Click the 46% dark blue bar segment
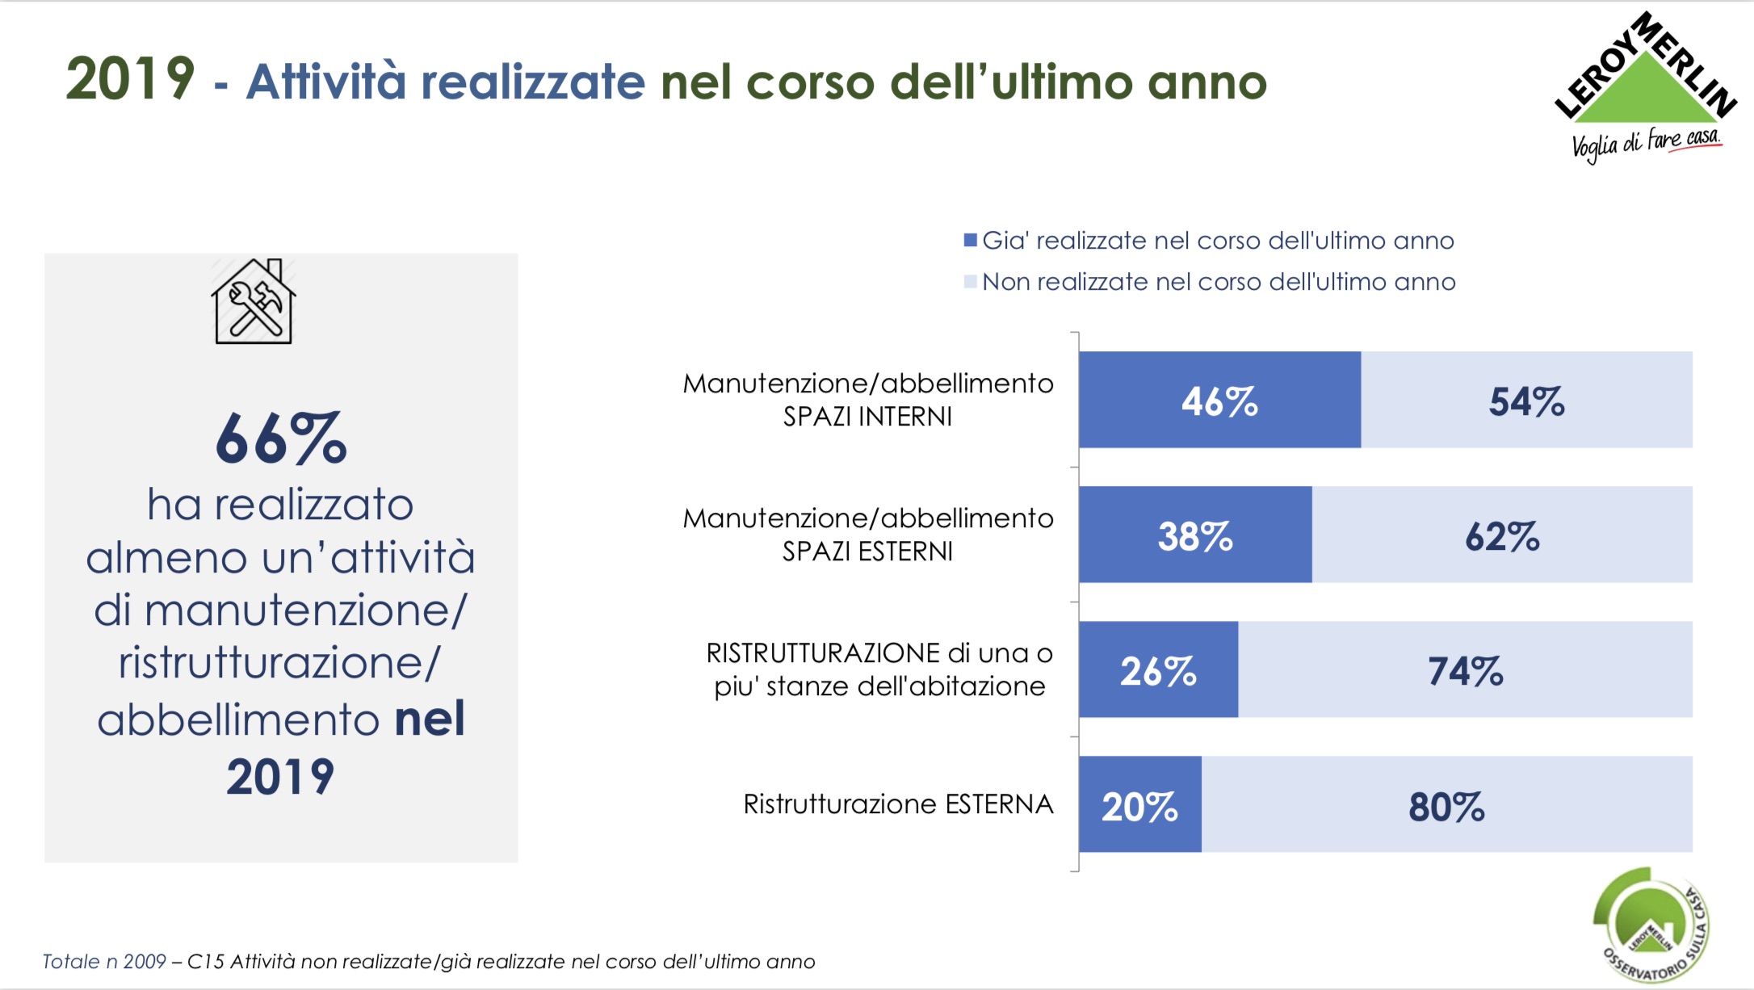pos(1219,400)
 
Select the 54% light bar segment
pos(1526,400)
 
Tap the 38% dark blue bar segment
pos(1195,535)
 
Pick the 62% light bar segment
pos(1502,535)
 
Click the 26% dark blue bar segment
pos(1158,669)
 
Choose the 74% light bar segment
pos(1465,669)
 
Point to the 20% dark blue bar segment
pos(1139,804)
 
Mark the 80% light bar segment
pos(1446,804)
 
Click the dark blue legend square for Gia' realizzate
pos(971,240)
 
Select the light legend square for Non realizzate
pos(971,282)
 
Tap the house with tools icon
pos(254,302)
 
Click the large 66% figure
pos(281,438)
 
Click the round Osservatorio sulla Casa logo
pos(1651,925)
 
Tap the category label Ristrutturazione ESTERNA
pos(898,804)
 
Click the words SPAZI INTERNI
pos(867,417)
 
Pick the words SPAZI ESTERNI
pos(867,552)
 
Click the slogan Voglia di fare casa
pos(1646,144)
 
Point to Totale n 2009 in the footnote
pos(103,962)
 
